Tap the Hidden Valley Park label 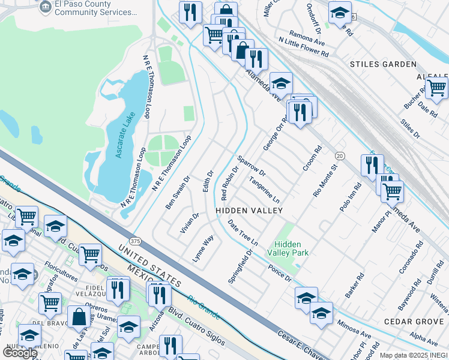click(x=292, y=248)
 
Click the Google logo click(x=20, y=353)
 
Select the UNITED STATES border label click(x=149, y=265)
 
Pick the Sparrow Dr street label click(x=251, y=166)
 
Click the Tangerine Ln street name click(x=265, y=190)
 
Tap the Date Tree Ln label click(x=243, y=233)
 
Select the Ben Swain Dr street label click(x=177, y=193)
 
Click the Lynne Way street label click(x=203, y=247)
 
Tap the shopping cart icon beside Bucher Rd click(x=436, y=87)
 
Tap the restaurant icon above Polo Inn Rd click(x=372, y=164)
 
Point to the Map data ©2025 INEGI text click(x=414, y=355)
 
